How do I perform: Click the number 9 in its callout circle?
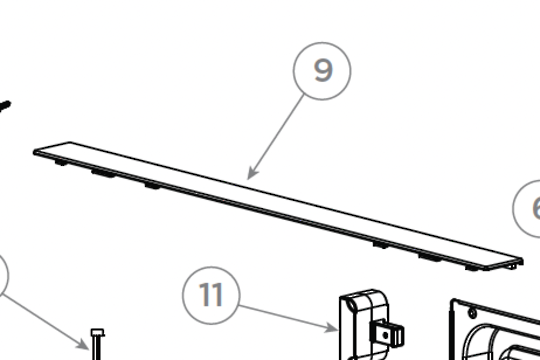pyautogui.click(x=323, y=71)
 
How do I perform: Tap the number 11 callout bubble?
pyautogui.click(x=211, y=295)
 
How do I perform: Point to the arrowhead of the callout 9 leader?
pyautogui.click(x=250, y=178)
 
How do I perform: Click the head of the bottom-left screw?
pyautogui.click(x=97, y=334)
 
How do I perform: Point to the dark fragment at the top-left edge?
pyautogui.click(x=3, y=103)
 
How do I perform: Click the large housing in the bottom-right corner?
pyautogui.click(x=495, y=330)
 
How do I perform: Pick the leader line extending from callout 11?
pyautogui.click(x=290, y=314)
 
